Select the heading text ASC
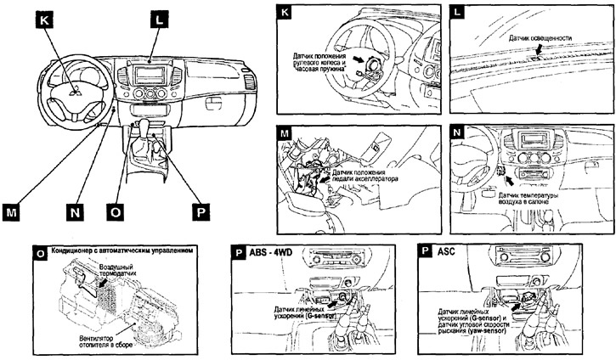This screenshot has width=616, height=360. pos(448,252)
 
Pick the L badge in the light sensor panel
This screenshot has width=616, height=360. pos(459,14)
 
